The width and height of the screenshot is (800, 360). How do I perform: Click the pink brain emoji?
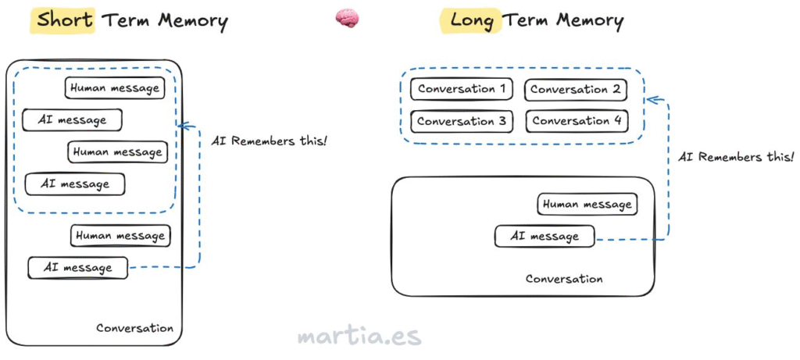click(347, 19)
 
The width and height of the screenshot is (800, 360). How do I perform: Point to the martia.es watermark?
click(359, 336)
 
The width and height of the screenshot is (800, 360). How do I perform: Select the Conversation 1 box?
click(461, 89)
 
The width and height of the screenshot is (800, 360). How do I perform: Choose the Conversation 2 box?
click(575, 90)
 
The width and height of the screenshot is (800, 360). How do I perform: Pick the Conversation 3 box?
click(461, 122)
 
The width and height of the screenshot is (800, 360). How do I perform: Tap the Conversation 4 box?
click(576, 121)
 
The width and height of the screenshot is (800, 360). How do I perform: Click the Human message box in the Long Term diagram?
click(587, 205)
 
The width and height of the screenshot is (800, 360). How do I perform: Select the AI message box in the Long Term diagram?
click(544, 236)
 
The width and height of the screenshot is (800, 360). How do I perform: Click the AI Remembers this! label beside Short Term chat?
click(270, 141)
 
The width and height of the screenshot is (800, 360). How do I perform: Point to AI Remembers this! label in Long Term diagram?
click(735, 157)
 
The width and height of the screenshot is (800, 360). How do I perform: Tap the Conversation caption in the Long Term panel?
click(564, 279)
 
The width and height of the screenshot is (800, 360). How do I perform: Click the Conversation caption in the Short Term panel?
click(134, 328)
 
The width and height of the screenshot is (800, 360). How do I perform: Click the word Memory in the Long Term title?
click(586, 20)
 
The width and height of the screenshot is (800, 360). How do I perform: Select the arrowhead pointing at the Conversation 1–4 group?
click(652, 99)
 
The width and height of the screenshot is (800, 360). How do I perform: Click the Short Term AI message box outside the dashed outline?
click(77, 268)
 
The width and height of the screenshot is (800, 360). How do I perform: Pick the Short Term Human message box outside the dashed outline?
click(120, 236)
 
